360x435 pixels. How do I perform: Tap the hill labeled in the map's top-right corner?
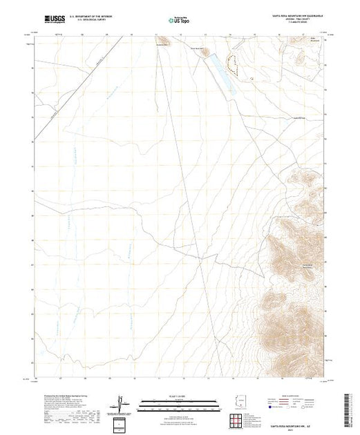317,37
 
